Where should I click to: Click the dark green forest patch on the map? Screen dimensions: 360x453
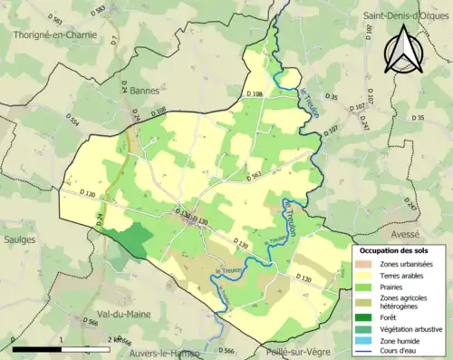[133, 238]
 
